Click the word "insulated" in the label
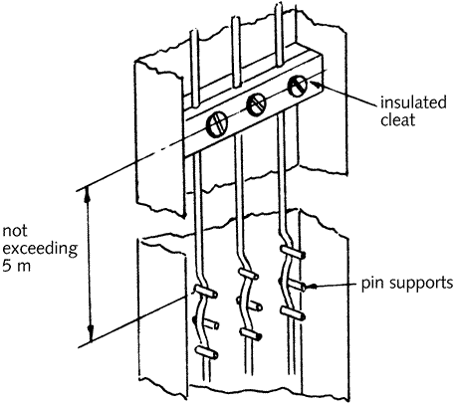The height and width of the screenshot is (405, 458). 413,102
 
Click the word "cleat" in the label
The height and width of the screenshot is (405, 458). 398,119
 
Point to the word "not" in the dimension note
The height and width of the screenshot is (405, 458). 15,231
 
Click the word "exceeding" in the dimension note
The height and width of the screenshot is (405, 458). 40,249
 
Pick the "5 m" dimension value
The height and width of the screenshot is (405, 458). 17,266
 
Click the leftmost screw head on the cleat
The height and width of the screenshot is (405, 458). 217,124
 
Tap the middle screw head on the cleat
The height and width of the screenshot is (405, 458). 256,104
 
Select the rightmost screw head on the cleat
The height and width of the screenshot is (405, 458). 298,86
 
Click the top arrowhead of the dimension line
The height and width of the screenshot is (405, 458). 87,194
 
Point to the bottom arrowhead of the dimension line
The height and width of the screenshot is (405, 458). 91,333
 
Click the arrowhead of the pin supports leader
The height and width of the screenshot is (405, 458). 311,286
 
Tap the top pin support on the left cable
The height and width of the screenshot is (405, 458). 205,291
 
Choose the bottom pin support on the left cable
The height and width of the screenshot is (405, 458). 206,352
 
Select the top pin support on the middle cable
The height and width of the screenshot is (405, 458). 249,274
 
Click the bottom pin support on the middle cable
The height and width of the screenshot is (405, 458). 251,334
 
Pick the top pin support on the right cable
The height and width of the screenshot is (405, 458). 293,251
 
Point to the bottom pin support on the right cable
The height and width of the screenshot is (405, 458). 293,313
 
